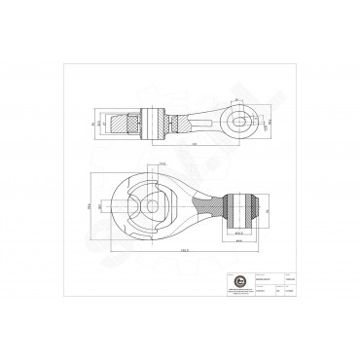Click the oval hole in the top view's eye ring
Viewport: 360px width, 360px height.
tap(242, 122)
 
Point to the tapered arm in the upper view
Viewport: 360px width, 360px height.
tap(208, 124)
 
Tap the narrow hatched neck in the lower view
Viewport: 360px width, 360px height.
tap(210, 207)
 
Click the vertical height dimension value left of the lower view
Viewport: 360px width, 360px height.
tap(86, 207)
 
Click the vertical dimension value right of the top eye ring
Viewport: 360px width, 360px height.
tap(270, 122)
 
